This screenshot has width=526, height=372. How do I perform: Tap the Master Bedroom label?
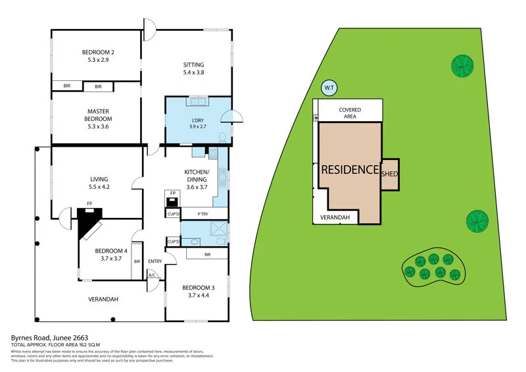pos(98,115)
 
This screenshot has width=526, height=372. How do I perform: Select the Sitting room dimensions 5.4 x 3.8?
pos(193,73)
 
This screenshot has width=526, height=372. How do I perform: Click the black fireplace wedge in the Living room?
pos(86,221)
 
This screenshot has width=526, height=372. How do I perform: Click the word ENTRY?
pos(155,261)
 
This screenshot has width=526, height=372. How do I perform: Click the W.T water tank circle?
pos(329,87)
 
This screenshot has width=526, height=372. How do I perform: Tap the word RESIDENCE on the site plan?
pos(350,169)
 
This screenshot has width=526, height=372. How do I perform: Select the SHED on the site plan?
pos(390,174)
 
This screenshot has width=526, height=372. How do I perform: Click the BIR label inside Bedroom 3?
pos(207,254)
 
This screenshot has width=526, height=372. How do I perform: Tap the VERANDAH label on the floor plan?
pos(103,300)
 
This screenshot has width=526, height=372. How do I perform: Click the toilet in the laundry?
pos(222,138)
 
